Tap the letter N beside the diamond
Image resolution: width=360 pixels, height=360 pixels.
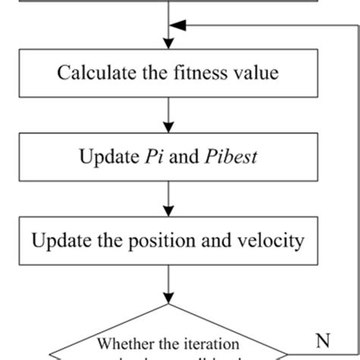point(322,339)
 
